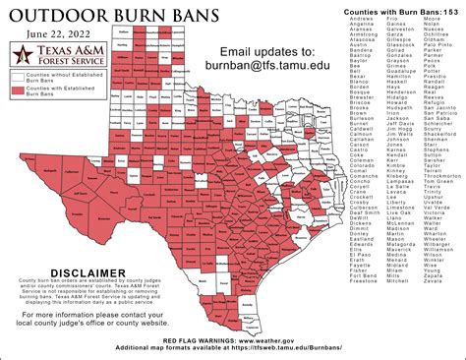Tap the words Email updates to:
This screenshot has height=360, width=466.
pos(267,50)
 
